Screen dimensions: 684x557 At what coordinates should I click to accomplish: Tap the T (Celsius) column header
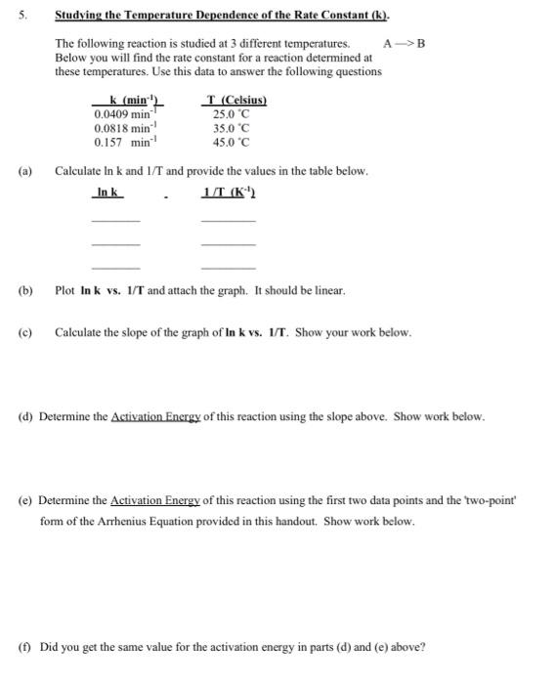click(234, 101)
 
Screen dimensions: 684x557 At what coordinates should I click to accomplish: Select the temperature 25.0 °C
click(233, 114)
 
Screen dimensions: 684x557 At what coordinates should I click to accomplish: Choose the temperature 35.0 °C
click(233, 128)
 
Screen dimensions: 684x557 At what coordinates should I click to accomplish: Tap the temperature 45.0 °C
click(233, 142)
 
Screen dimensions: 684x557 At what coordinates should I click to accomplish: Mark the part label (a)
click(25, 171)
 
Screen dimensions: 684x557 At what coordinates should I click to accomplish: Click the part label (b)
click(25, 290)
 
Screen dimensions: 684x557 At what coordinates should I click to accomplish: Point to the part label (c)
click(25, 332)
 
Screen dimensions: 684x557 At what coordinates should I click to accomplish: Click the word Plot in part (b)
click(65, 290)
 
